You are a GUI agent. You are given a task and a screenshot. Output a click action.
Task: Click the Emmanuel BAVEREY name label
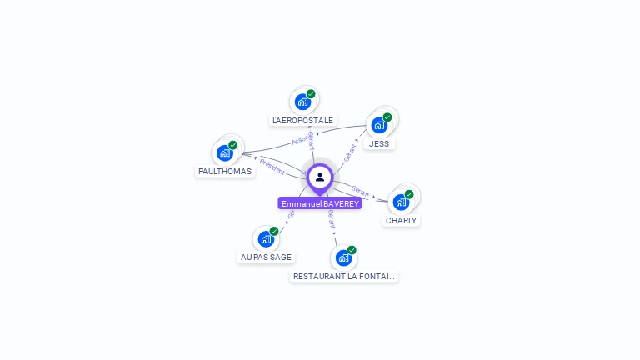pos(320,203)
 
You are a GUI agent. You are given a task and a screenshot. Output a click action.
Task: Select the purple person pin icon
pos(320,177)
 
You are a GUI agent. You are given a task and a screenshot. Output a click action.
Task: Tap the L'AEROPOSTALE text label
pos(302,120)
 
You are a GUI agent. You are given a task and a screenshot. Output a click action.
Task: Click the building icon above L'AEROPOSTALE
pos(302,102)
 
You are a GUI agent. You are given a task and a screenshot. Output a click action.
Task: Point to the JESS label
pos(379,143)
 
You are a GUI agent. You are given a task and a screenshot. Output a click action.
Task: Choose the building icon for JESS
pos(379,125)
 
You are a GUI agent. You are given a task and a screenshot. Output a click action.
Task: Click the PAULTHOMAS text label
pos(224,171)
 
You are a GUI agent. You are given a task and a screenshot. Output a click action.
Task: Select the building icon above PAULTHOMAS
pos(224,152)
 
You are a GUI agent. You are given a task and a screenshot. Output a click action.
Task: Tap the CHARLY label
pos(401,221)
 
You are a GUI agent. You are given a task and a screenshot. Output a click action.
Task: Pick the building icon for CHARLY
pos(401,202)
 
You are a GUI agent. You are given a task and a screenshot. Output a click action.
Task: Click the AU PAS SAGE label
pos(266,257)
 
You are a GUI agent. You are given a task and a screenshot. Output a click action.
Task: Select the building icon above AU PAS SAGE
pos(265,239)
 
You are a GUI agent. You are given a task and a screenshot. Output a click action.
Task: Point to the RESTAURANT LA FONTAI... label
pos(344,276)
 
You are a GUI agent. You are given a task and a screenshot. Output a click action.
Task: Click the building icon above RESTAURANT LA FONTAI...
pos(343,257)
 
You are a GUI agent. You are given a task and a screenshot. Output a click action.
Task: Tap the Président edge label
pos(272,166)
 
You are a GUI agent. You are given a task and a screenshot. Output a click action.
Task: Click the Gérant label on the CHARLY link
pos(361,192)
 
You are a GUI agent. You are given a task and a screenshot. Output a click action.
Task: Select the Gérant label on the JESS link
pos(350,152)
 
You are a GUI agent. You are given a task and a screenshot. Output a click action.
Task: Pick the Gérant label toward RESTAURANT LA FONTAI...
pos(331,219)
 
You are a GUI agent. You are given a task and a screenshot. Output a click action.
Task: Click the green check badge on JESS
pos(387,117)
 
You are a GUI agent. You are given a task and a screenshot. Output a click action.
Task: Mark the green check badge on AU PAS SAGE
pos(274,231)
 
